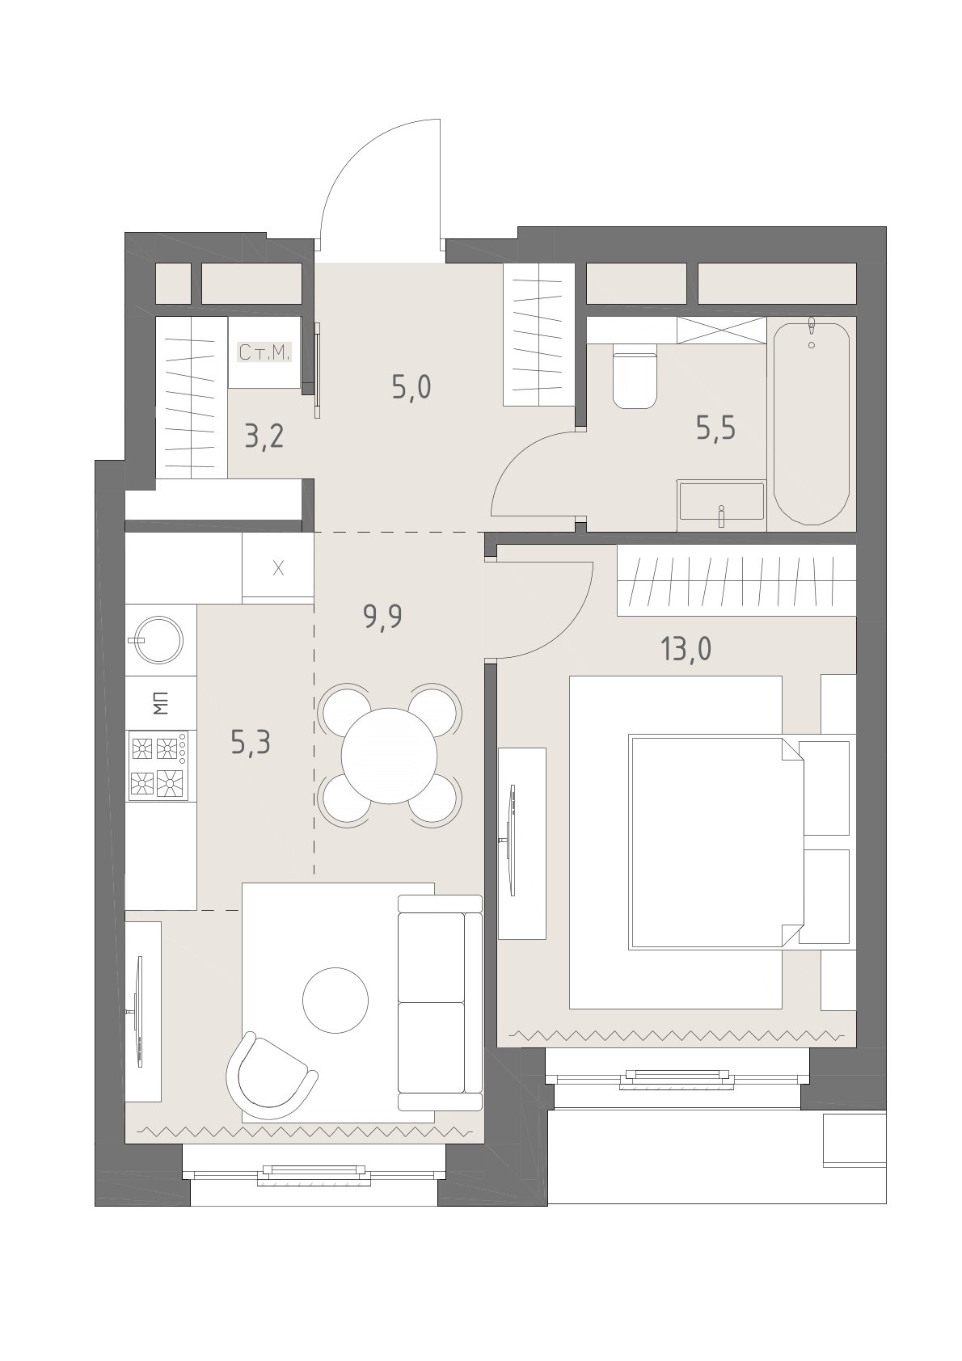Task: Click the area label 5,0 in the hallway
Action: [x=411, y=387]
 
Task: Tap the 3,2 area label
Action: [x=264, y=436]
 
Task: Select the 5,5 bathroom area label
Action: [x=716, y=428]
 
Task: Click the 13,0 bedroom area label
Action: [x=686, y=649]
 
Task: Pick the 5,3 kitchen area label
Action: [x=251, y=742]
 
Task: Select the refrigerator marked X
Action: [x=278, y=568]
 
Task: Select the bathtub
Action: [x=812, y=423]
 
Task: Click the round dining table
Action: [x=390, y=755]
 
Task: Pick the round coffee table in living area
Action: [x=335, y=1000]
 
